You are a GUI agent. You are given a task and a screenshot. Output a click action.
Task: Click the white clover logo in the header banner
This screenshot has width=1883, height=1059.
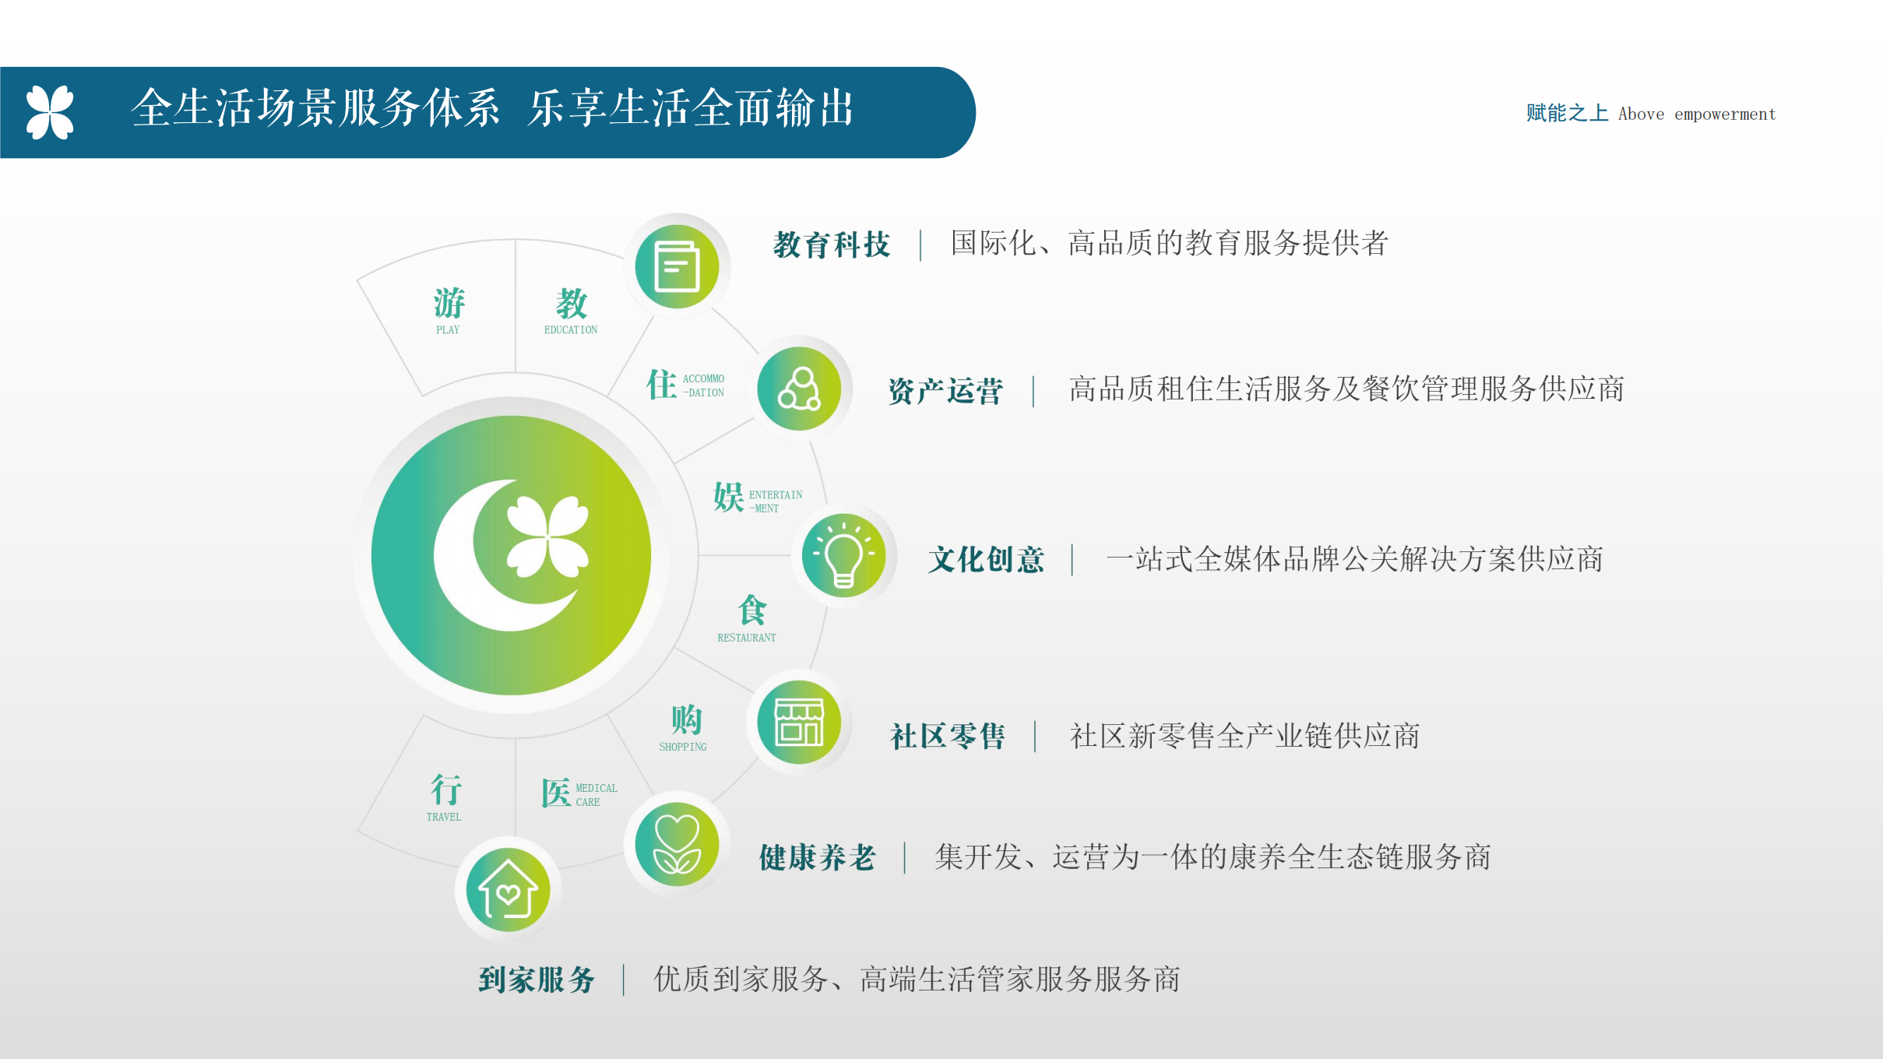tap(50, 112)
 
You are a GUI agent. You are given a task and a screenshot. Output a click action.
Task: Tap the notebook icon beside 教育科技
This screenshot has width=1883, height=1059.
tap(677, 266)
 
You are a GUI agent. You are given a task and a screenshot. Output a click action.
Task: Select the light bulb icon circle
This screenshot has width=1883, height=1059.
tap(843, 555)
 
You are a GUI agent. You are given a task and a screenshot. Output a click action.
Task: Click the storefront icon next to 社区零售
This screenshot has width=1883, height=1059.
tap(799, 722)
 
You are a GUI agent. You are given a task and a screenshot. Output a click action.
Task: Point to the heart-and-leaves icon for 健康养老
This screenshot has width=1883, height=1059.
tap(677, 844)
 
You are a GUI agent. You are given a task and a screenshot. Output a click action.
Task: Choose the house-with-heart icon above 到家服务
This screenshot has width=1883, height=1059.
tap(508, 890)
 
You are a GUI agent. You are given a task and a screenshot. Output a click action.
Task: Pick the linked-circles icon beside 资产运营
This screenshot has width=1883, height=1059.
tap(799, 389)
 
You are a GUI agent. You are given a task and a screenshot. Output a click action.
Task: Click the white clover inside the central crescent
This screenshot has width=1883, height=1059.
tap(547, 537)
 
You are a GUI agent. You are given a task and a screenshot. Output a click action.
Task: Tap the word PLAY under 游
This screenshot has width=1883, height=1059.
tap(448, 330)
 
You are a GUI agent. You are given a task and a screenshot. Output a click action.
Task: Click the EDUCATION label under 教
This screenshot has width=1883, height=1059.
tap(571, 330)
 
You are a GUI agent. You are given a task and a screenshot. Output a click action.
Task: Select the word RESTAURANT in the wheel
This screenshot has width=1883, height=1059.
tap(746, 638)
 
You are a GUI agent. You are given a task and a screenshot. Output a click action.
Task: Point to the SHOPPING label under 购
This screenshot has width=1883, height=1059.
tap(683, 747)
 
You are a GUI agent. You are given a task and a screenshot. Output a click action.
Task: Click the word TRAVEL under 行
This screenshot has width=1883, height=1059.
tap(444, 817)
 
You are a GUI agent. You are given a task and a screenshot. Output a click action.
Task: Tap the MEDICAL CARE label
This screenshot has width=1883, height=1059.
tap(597, 795)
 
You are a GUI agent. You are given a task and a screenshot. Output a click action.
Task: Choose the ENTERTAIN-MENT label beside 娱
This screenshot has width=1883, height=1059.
tap(776, 501)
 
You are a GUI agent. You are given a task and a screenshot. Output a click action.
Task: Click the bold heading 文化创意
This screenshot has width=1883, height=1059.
tap(986, 560)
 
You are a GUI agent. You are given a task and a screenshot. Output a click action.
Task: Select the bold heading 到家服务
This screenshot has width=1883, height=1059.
tap(537, 980)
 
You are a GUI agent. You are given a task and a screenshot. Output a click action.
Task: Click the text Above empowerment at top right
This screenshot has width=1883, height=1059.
tap(1697, 114)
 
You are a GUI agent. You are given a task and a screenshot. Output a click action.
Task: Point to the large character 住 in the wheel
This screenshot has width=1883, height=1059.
tap(661, 385)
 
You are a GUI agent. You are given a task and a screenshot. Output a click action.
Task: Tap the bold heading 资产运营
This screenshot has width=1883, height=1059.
tap(945, 391)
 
